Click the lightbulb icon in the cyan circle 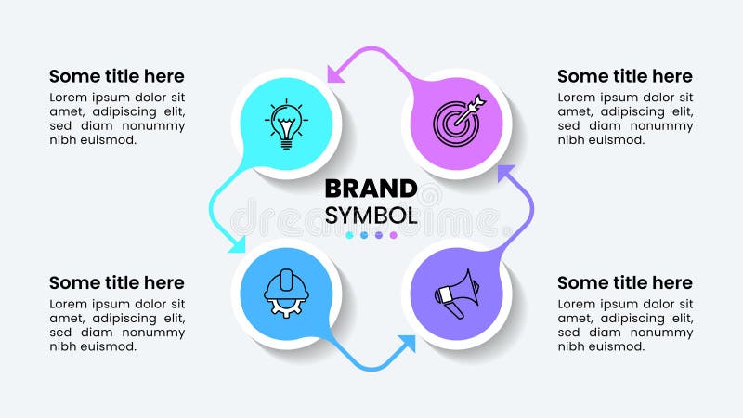tap(287, 123)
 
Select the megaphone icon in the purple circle tap(455, 293)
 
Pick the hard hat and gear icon tap(286, 293)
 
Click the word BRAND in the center tap(371, 189)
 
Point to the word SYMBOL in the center tap(371, 216)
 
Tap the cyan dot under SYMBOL tap(349, 236)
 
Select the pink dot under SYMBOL tap(394, 236)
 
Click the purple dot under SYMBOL tap(379, 236)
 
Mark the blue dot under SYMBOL tap(364, 236)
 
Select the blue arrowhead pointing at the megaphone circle tap(406, 344)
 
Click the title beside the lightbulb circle tap(117, 76)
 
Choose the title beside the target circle tap(625, 76)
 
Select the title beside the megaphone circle tap(625, 282)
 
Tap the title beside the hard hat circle tap(117, 282)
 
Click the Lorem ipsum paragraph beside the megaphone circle tap(625, 325)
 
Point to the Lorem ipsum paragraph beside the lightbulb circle tap(117, 118)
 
